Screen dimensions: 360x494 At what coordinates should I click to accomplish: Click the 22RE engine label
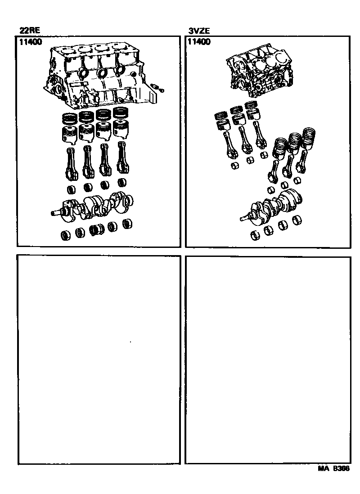tap(30, 31)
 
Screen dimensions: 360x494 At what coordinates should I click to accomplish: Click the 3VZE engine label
tap(199, 31)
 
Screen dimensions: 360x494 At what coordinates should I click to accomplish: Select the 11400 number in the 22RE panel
tap(31, 42)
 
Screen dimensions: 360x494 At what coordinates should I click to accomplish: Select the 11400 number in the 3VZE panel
tap(199, 42)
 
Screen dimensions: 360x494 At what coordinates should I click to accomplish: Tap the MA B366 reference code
tap(333, 468)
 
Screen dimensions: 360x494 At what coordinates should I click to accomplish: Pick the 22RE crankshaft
tap(92, 207)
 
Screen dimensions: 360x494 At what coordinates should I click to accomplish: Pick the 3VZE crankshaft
tap(271, 207)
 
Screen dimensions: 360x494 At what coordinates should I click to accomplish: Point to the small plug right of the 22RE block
tap(157, 88)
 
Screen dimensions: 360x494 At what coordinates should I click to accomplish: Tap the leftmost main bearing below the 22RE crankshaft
tap(66, 235)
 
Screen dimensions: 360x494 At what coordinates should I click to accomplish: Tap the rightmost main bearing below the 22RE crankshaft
tap(127, 223)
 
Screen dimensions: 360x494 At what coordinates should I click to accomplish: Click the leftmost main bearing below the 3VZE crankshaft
tap(255, 235)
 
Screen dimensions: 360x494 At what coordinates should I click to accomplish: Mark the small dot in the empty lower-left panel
tap(130, 342)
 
